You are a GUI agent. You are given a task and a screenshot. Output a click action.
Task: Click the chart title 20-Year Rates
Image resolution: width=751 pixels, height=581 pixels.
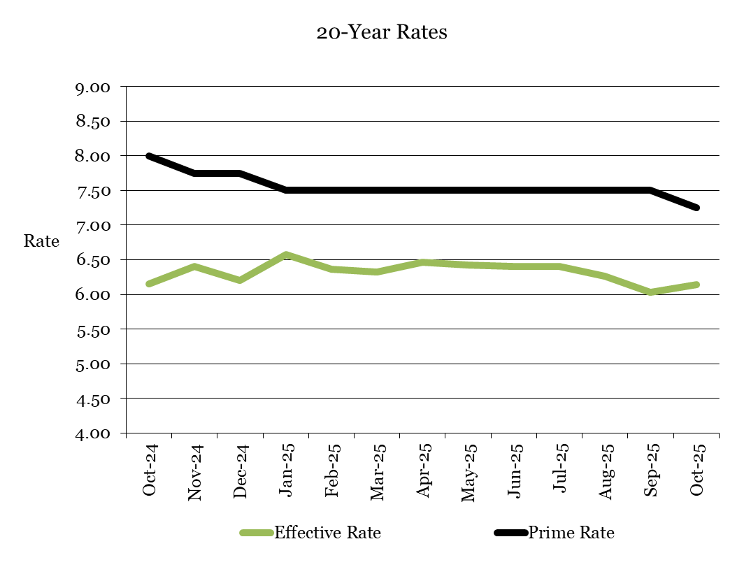[381, 33]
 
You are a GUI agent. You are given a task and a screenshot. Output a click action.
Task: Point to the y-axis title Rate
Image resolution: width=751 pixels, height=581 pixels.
[41, 242]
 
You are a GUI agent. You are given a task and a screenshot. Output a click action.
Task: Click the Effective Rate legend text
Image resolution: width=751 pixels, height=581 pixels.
[327, 533]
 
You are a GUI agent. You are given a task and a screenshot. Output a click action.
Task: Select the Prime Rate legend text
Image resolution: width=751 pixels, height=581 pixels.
[571, 533]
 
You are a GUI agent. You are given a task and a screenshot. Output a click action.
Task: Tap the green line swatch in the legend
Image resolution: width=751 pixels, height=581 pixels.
[256, 533]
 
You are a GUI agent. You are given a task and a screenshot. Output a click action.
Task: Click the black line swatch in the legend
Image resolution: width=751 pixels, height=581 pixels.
[510, 533]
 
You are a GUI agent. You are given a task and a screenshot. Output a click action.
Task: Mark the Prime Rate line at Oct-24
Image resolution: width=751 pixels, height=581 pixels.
[149, 156]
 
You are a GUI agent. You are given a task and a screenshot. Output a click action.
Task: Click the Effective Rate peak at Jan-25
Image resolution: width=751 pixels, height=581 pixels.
[286, 254]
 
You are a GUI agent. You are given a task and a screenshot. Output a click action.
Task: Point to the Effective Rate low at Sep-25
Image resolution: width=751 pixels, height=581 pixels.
[651, 292]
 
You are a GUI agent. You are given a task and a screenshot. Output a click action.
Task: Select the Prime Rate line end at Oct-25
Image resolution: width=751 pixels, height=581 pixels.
[696, 208]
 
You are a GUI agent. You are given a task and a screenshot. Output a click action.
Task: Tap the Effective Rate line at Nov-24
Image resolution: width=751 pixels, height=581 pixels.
[194, 266]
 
